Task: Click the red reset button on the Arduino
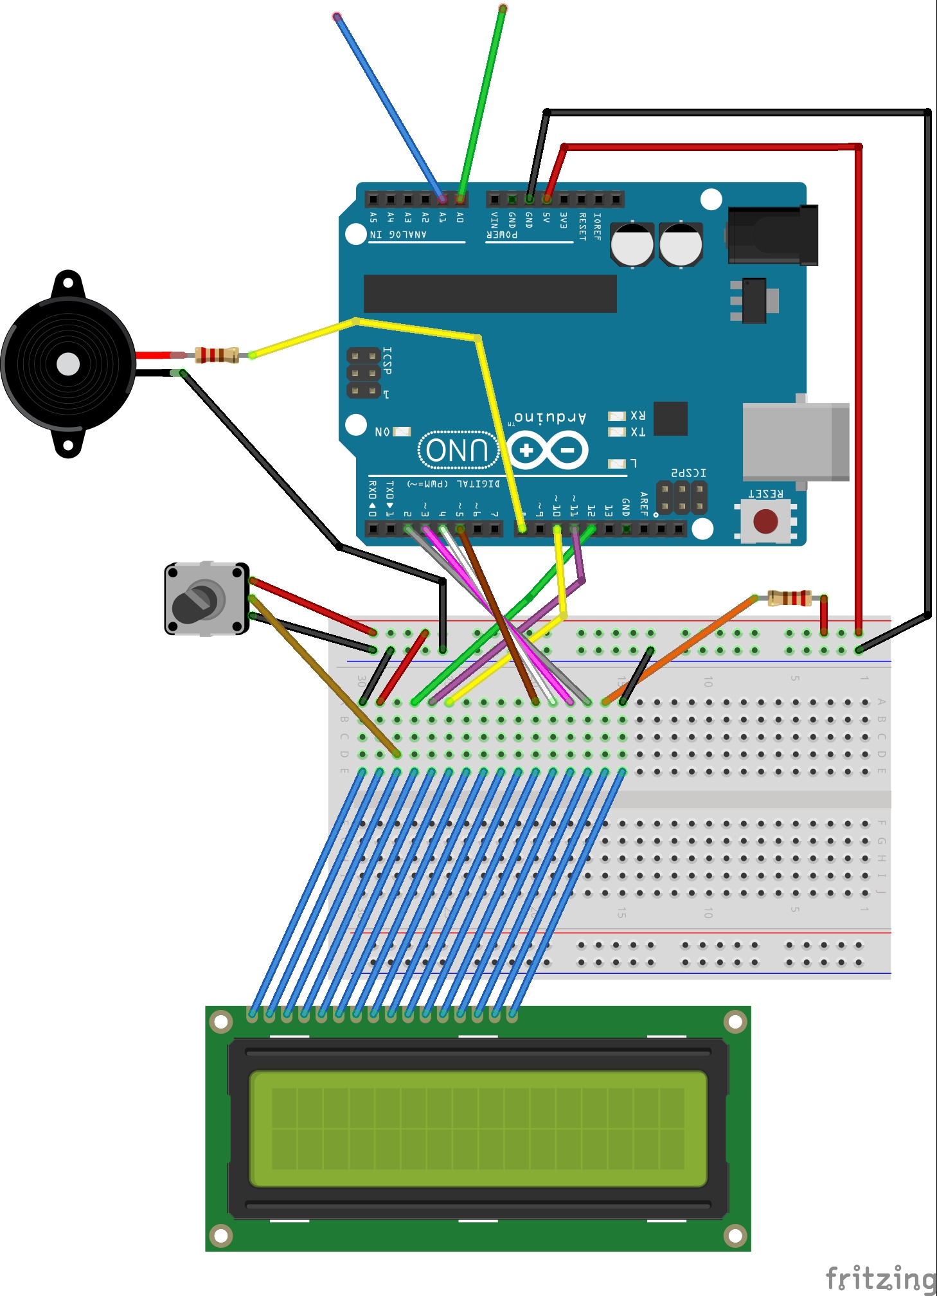click(765, 521)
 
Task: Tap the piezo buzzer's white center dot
click(68, 364)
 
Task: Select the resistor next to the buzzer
click(217, 355)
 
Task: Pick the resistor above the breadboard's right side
click(790, 598)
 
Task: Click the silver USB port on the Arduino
click(796, 441)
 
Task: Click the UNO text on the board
click(458, 450)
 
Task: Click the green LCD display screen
click(477, 1128)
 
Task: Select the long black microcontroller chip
click(490, 294)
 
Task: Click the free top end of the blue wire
click(337, 17)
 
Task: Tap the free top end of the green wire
click(503, 8)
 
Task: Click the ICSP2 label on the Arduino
click(688, 473)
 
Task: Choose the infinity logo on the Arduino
click(548, 450)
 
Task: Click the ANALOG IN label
click(398, 235)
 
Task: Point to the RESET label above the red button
click(765, 494)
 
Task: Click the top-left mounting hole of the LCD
click(220, 1022)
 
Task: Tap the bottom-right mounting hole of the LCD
click(735, 1235)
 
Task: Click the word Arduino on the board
click(551, 418)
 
